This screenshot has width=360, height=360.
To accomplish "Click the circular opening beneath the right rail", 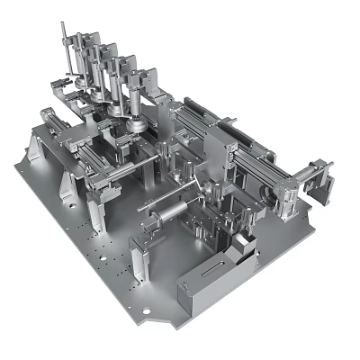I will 267,192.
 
